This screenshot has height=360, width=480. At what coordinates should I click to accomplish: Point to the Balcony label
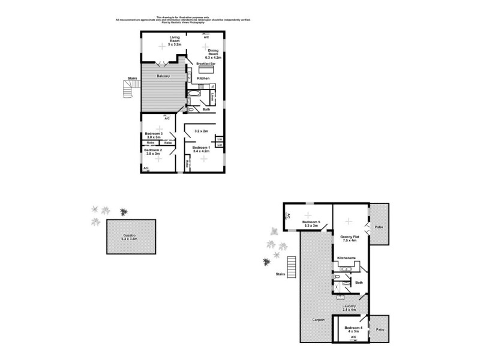[x=163, y=76]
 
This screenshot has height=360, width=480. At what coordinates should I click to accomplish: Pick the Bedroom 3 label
[x=154, y=133]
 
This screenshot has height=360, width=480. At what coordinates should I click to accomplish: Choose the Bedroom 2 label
[x=153, y=150]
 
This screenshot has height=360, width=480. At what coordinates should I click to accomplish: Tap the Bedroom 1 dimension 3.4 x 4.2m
[x=200, y=151]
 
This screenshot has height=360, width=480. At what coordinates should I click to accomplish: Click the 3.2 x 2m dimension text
[x=201, y=131]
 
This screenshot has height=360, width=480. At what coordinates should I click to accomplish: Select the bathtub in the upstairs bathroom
[x=196, y=94]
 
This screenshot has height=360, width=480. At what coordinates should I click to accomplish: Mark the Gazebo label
[x=131, y=235]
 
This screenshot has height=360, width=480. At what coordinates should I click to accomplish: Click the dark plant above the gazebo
[x=124, y=212]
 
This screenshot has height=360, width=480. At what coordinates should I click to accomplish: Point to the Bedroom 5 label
[x=311, y=223]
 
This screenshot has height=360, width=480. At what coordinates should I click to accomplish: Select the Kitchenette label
[x=346, y=257]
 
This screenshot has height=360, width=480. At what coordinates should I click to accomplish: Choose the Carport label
[x=318, y=320]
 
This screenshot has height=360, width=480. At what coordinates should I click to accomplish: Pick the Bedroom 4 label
[x=353, y=328]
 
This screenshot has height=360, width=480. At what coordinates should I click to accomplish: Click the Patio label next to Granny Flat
[x=379, y=227]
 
